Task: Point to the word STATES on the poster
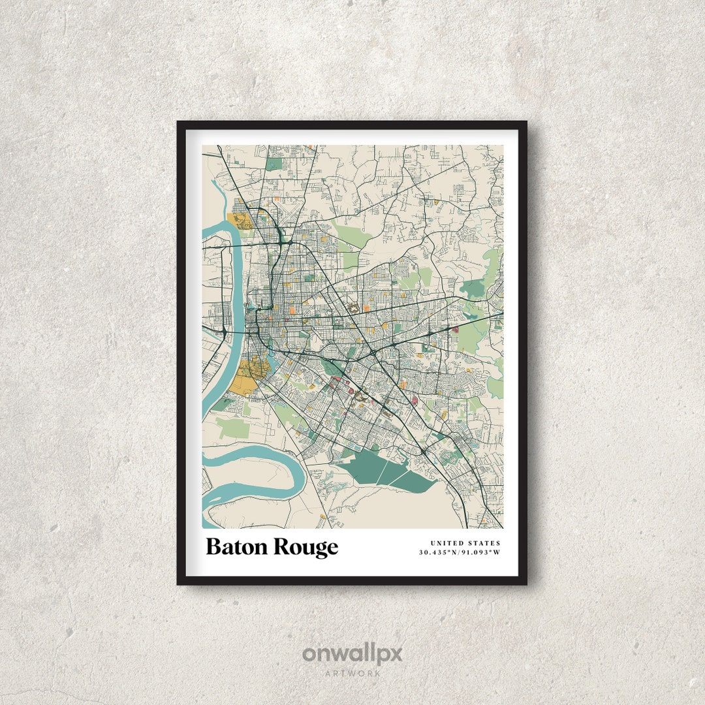[484, 543]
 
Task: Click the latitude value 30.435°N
[438, 553]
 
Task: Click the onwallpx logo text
[352, 654]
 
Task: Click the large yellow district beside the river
[248, 372]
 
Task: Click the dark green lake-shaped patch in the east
[475, 285]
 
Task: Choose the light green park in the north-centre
[352, 232]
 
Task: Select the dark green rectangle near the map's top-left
[274, 164]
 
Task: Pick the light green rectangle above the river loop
[232, 428]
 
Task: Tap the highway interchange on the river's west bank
[224, 333]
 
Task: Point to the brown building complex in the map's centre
[354, 306]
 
